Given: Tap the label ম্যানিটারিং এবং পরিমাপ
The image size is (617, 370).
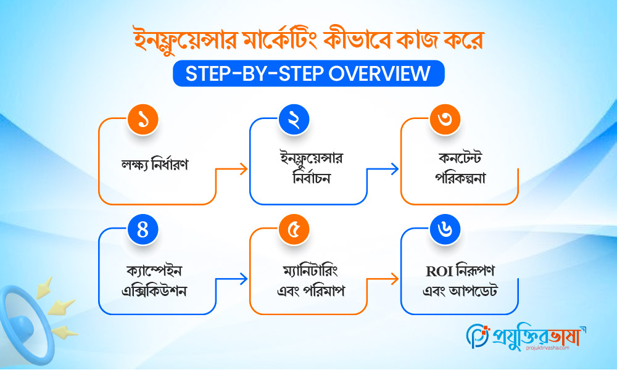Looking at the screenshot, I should (307, 279).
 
